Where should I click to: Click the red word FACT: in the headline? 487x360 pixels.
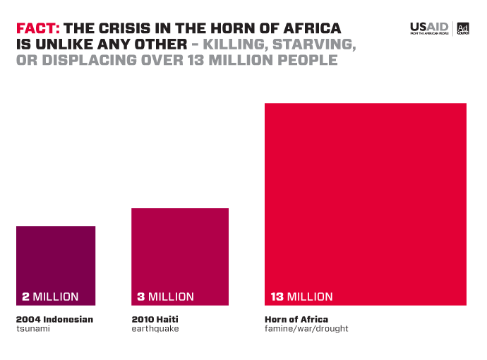[38, 29]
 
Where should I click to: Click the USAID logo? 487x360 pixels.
[429, 28]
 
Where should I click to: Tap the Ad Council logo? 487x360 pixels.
[463, 28]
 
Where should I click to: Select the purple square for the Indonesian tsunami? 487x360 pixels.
[56, 258]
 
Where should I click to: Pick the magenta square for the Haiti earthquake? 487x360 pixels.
[180, 247]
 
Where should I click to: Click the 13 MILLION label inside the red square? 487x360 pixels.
[301, 296]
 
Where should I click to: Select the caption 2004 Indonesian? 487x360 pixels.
[54, 319]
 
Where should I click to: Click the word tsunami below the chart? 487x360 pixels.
[33, 329]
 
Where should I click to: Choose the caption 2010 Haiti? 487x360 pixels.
[155, 319]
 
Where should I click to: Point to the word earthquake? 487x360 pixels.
[155, 329]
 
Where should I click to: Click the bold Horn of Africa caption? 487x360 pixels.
[296, 319]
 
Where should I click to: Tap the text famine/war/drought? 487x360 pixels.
[306, 329]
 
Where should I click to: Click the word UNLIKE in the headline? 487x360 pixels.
[61, 44]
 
